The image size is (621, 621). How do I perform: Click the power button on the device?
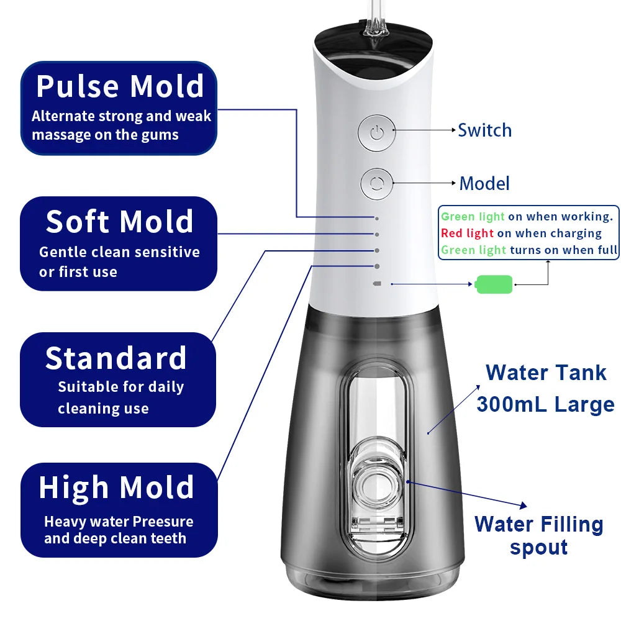pos(376,132)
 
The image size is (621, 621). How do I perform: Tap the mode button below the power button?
pos(376,184)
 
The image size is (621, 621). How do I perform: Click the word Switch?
pos(484,130)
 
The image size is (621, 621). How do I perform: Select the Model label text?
pos(484,184)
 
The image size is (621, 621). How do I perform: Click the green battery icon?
pos(494,284)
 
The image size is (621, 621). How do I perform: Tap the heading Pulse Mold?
pos(120,86)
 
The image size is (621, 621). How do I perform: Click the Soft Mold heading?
pos(119,222)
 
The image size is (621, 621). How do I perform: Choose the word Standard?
pos(116,359)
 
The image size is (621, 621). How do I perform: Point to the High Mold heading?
pos(117,488)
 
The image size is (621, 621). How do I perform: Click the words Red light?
pos(467,233)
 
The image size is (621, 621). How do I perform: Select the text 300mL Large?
pos(545,404)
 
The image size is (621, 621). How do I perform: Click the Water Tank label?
pos(546,373)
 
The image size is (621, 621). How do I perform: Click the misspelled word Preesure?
pos(163,522)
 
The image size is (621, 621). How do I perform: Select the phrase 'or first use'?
pos(78,272)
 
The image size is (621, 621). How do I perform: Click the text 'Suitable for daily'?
pos(121,387)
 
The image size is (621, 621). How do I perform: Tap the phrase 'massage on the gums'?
pos(105,135)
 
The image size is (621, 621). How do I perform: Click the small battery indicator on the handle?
pos(376,284)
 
